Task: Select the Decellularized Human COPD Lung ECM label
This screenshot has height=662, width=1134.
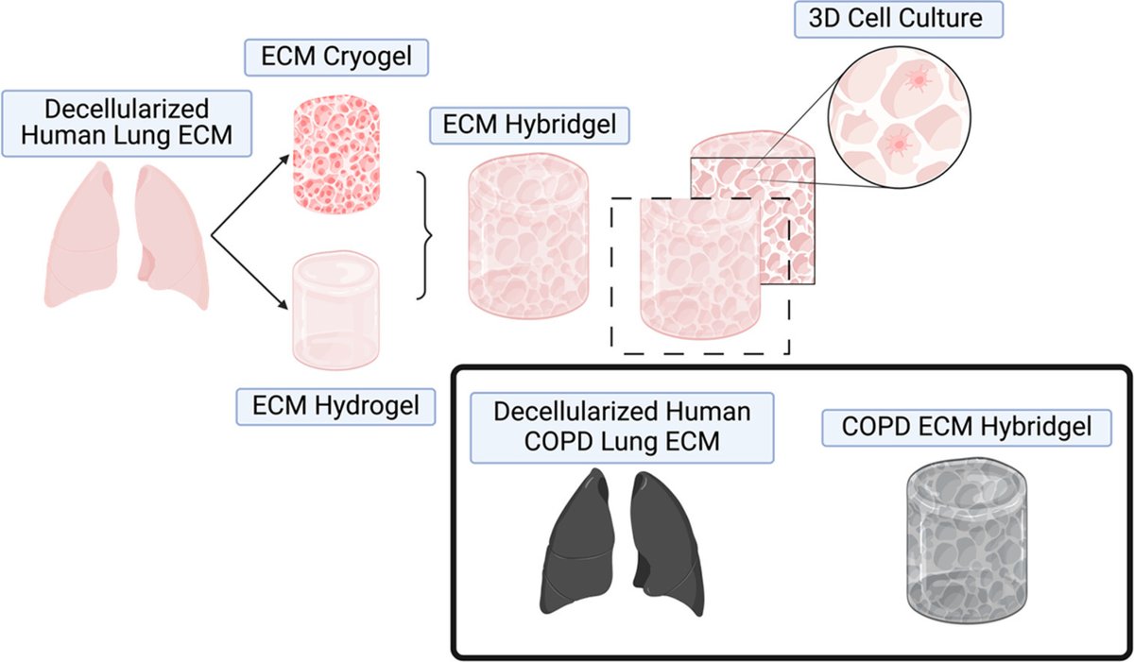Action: [622, 429]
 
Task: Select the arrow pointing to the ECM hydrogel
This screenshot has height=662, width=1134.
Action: [250, 273]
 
